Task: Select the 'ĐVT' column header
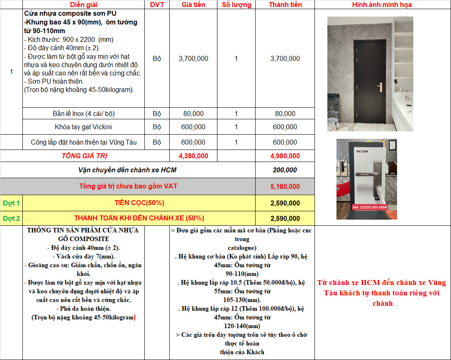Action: click(x=156, y=5)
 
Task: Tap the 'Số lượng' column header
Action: click(x=236, y=5)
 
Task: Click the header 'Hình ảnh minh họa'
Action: click(x=382, y=5)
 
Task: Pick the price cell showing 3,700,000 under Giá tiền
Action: click(x=193, y=59)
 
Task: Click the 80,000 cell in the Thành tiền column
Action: click(x=285, y=114)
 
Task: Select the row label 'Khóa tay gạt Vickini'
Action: click(x=83, y=127)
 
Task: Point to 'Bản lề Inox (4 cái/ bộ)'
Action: click(x=83, y=114)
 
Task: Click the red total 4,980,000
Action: click(x=285, y=156)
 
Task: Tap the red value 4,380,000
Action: click(x=193, y=156)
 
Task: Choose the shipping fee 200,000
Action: click(x=285, y=170)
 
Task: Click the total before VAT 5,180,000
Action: click(x=285, y=186)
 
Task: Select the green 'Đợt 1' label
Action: click(x=11, y=203)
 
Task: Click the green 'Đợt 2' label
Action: click(x=11, y=218)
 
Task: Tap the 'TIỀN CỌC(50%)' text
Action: click(x=139, y=203)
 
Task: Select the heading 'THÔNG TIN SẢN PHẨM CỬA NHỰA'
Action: click(x=83, y=230)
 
